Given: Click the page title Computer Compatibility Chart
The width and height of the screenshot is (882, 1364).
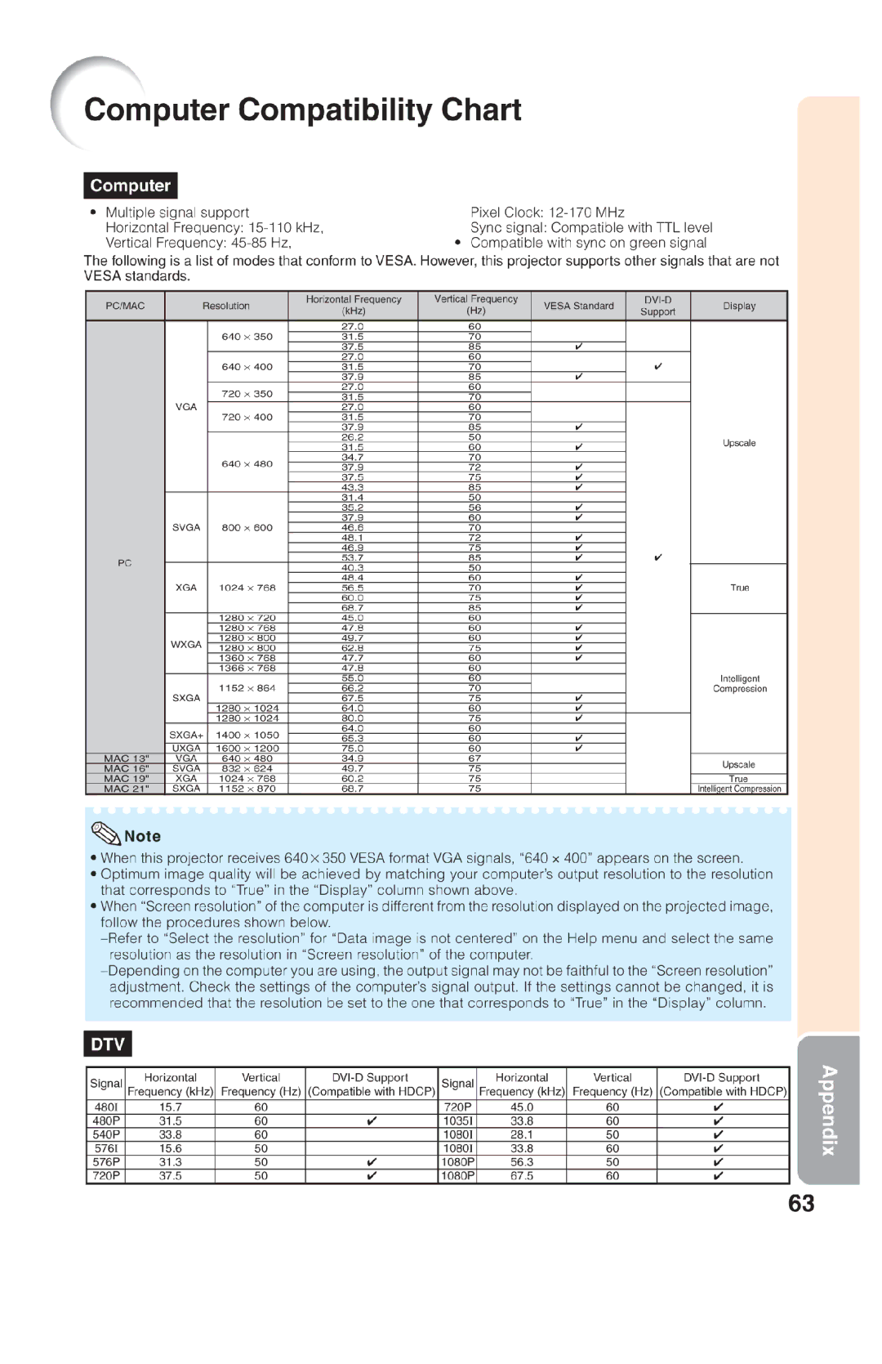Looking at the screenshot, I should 302,110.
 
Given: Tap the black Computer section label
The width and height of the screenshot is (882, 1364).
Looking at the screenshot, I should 131,186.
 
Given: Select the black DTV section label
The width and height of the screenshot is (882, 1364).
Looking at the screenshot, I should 108,1044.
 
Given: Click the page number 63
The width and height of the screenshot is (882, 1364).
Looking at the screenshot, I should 801,1203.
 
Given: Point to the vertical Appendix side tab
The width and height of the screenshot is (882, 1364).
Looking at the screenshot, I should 828,1109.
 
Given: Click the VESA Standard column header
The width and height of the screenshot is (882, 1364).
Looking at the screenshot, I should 578,306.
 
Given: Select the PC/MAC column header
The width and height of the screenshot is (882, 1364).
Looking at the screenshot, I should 125,306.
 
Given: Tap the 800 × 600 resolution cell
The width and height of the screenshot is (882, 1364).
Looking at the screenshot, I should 247,527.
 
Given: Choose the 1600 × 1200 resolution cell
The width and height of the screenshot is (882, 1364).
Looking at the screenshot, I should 247,748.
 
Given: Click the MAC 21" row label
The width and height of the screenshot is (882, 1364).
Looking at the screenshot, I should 126,789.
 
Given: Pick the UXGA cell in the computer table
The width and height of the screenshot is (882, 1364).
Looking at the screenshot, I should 186,748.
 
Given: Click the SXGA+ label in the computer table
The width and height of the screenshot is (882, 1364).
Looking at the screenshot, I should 186,734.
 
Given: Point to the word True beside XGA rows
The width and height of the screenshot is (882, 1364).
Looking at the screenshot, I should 739,588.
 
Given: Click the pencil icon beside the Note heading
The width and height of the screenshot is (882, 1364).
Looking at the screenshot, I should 106,833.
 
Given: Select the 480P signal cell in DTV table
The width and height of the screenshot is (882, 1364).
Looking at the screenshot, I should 106,1121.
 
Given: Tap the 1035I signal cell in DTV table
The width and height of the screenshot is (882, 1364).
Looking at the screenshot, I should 458,1121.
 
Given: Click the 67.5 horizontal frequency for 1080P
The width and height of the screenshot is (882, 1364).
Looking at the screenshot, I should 522,1176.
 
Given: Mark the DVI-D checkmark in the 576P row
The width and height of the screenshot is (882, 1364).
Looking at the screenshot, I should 372,1162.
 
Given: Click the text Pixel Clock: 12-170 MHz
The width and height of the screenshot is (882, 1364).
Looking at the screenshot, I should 547,212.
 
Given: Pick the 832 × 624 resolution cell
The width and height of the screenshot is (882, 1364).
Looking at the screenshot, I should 247,768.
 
